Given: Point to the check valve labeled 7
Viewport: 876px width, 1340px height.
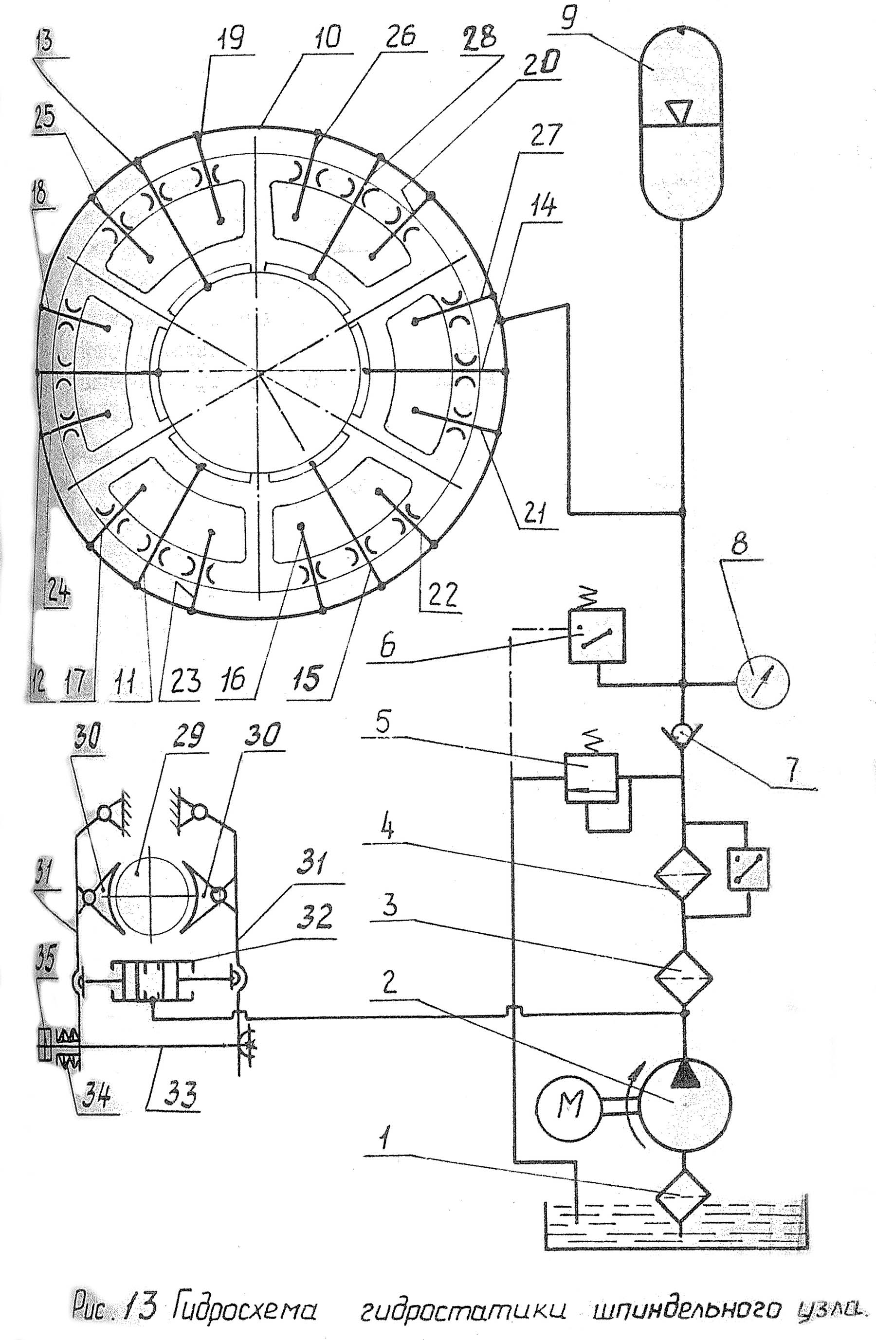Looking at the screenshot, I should [682, 735].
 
